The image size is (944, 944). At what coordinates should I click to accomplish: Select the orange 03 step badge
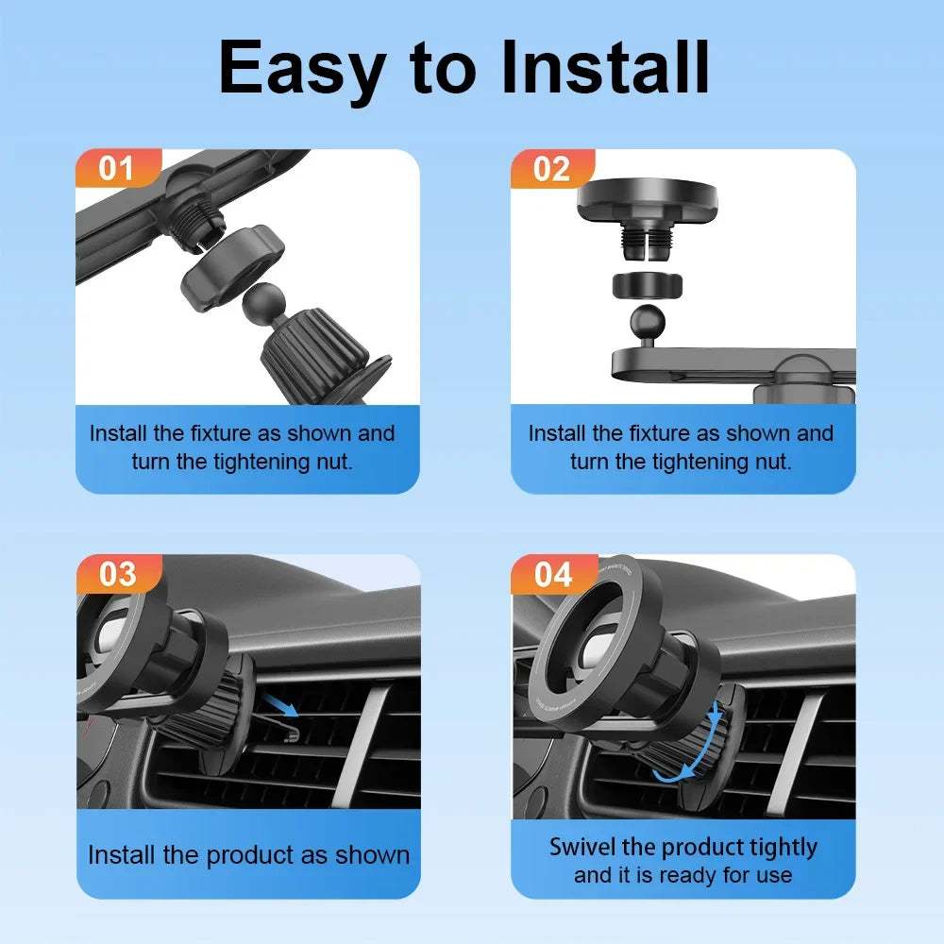[117, 573]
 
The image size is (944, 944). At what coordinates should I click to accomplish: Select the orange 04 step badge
[552, 573]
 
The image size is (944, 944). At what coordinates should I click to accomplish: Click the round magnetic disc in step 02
[647, 198]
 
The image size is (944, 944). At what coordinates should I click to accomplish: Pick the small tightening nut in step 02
[647, 283]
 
